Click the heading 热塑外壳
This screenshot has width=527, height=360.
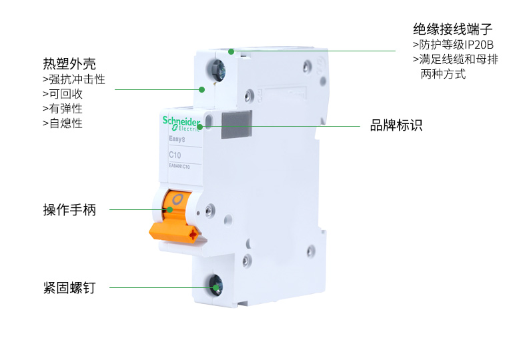69,64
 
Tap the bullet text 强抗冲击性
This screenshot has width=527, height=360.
73,79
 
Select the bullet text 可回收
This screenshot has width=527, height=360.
62,94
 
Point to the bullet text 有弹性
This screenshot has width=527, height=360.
62,109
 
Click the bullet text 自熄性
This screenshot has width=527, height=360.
62,123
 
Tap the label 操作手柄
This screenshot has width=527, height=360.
69,210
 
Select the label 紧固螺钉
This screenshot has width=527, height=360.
69,288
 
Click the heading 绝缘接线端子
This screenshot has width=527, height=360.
453,30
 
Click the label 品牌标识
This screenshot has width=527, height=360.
396,125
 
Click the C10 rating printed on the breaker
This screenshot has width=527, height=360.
175,155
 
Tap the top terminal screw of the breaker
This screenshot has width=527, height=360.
217,69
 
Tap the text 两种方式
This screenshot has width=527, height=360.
443,74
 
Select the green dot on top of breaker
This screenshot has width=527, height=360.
231,51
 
